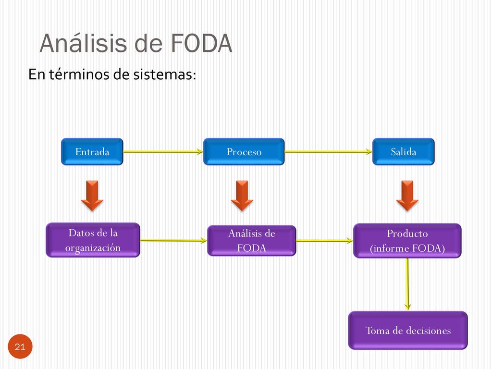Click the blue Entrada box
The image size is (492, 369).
click(92, 151)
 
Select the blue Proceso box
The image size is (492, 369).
click(244, 151)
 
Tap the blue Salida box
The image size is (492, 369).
click(404, 151)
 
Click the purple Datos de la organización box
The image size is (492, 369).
click(93, 240)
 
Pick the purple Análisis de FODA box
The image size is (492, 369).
click(252, 240)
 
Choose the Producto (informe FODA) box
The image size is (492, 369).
click(407, 241)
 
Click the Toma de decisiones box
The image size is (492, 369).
click(408, 330)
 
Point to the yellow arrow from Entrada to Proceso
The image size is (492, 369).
click(163, 152)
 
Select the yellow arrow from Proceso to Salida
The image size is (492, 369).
click(329, 152)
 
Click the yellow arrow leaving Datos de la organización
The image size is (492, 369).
click(173, 241)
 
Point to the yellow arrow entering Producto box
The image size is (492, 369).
click(325, 241)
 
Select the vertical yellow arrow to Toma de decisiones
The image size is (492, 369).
click(407, 284)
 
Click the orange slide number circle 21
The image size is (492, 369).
click(20, 346)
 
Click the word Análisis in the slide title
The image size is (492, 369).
click(84, 43)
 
